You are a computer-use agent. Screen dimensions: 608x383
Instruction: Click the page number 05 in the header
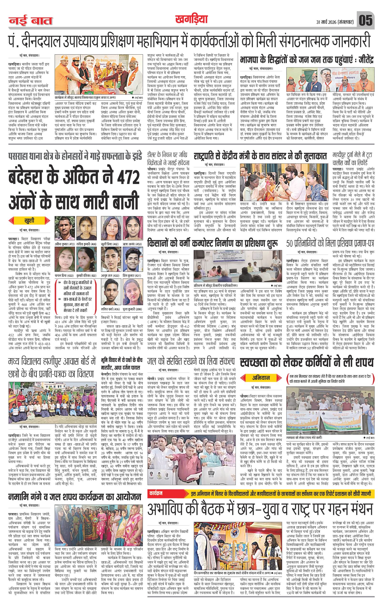366,21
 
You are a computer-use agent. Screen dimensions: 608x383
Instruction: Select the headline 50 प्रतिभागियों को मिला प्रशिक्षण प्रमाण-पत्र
330,243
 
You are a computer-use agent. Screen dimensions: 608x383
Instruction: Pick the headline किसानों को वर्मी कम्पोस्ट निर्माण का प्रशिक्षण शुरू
213,243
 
